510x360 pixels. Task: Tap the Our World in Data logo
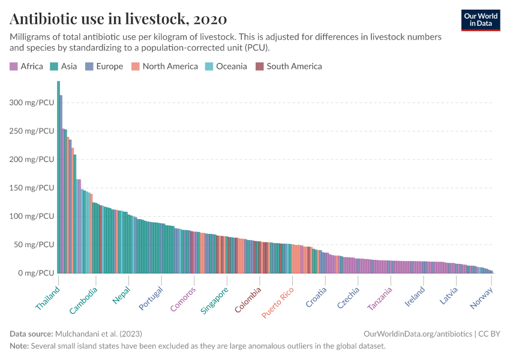point(481,20)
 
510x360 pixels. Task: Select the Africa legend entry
point(26,67)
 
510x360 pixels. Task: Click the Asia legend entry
point(63,67)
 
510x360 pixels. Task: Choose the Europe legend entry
point(104,67)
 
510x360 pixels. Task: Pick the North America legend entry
point(164,67)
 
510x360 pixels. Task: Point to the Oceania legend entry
point(226,67)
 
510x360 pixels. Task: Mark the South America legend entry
point(289,67)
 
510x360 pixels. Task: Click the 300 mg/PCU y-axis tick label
point(32,103)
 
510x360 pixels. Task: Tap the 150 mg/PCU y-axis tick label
point(32,188)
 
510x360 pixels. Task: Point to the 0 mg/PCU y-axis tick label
point(36,273)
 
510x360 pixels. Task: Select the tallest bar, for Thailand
point(58,180)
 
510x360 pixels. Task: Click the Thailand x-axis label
point(48,298)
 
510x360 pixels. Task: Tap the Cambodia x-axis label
point(84,301)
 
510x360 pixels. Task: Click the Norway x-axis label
point(481,298)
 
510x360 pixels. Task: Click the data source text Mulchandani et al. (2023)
point(98,333)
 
